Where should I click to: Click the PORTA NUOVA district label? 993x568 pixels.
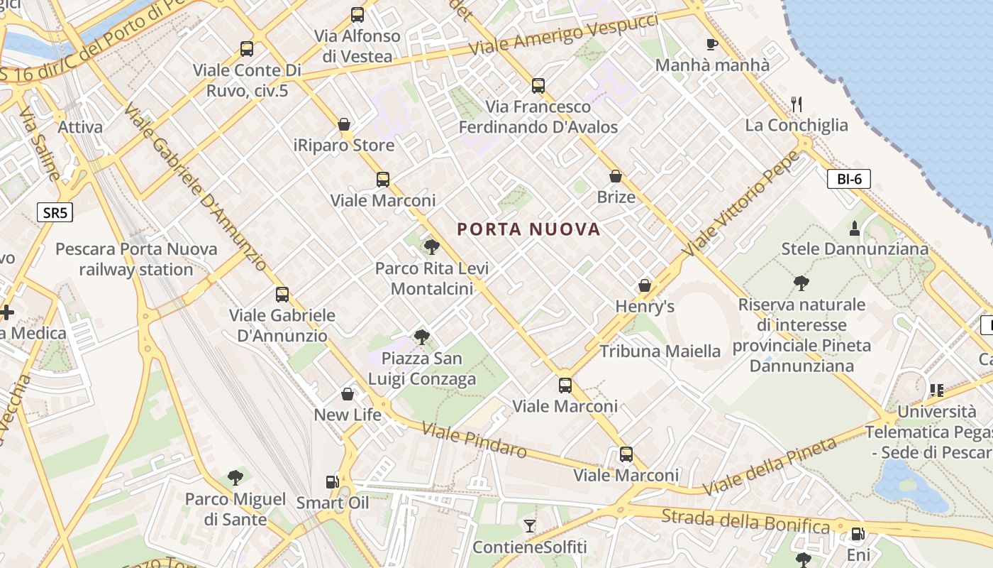(x=528, y=229)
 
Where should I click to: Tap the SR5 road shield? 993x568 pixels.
(x=55, y=212)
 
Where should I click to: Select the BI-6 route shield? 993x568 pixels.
(x=848, y=179)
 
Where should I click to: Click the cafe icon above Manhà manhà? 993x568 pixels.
(x=712, y=45)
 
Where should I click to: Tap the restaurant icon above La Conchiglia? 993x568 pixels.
(x=797, y=104)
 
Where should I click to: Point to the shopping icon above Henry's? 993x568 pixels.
(x=644, y=285)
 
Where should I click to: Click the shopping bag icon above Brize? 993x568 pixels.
(x=616, y=176)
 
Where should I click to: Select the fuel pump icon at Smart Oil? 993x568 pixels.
(x=332, y=482)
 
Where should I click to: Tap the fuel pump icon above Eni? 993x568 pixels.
(x=858, y=534)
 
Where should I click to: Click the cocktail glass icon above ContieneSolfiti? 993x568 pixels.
(x=529, y=526)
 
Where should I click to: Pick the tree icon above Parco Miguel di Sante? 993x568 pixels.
(x=235, y=478)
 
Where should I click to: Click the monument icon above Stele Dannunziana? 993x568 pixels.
(x=854, y=229)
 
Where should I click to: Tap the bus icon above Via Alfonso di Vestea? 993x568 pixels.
(x=357, y=15)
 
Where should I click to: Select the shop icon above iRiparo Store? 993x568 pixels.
(x=344, y=125)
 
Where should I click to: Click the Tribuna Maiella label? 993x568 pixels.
(x=660, y=351)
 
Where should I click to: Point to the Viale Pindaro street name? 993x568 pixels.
(x=474, y=439)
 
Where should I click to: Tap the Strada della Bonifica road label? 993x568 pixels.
(x=745, y=521)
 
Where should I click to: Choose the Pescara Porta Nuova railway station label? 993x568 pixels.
(x=136, y=259)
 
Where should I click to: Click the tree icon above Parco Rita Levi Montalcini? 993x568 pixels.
(x=431, y=247)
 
